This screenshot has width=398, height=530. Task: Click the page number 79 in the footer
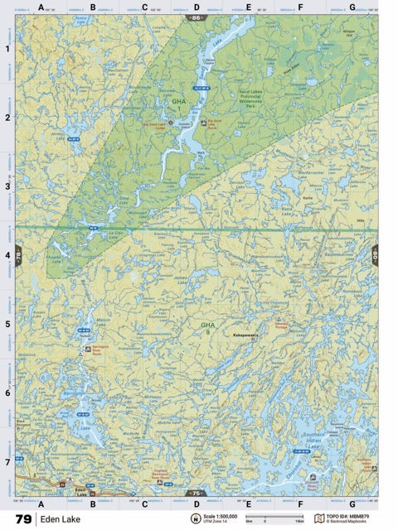click(x=22, y=519)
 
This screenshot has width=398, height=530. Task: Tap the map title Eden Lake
click(x=61, y=519)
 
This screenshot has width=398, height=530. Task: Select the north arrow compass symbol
click(x=196, y=519)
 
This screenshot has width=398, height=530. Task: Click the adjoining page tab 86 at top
click(x=196, y=17)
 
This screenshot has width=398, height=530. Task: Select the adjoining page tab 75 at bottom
click(x=196, y=493)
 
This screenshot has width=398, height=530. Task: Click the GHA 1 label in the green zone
click(x=179, y=104)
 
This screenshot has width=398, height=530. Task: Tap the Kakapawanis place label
click(x=246, y=336)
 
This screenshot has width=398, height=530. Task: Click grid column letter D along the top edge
click(x=196, y=7)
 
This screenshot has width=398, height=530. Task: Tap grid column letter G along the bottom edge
click(x=352, y=503)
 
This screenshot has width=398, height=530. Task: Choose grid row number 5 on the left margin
click(x=7, y=324)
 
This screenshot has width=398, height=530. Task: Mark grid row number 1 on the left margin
click(x=7, y=48)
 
